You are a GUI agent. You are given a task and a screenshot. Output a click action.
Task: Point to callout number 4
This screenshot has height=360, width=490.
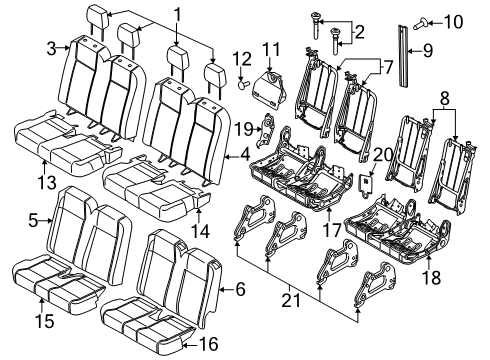tap(245, 153)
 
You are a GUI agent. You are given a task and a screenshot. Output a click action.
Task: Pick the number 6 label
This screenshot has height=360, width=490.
tap(238, 289)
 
